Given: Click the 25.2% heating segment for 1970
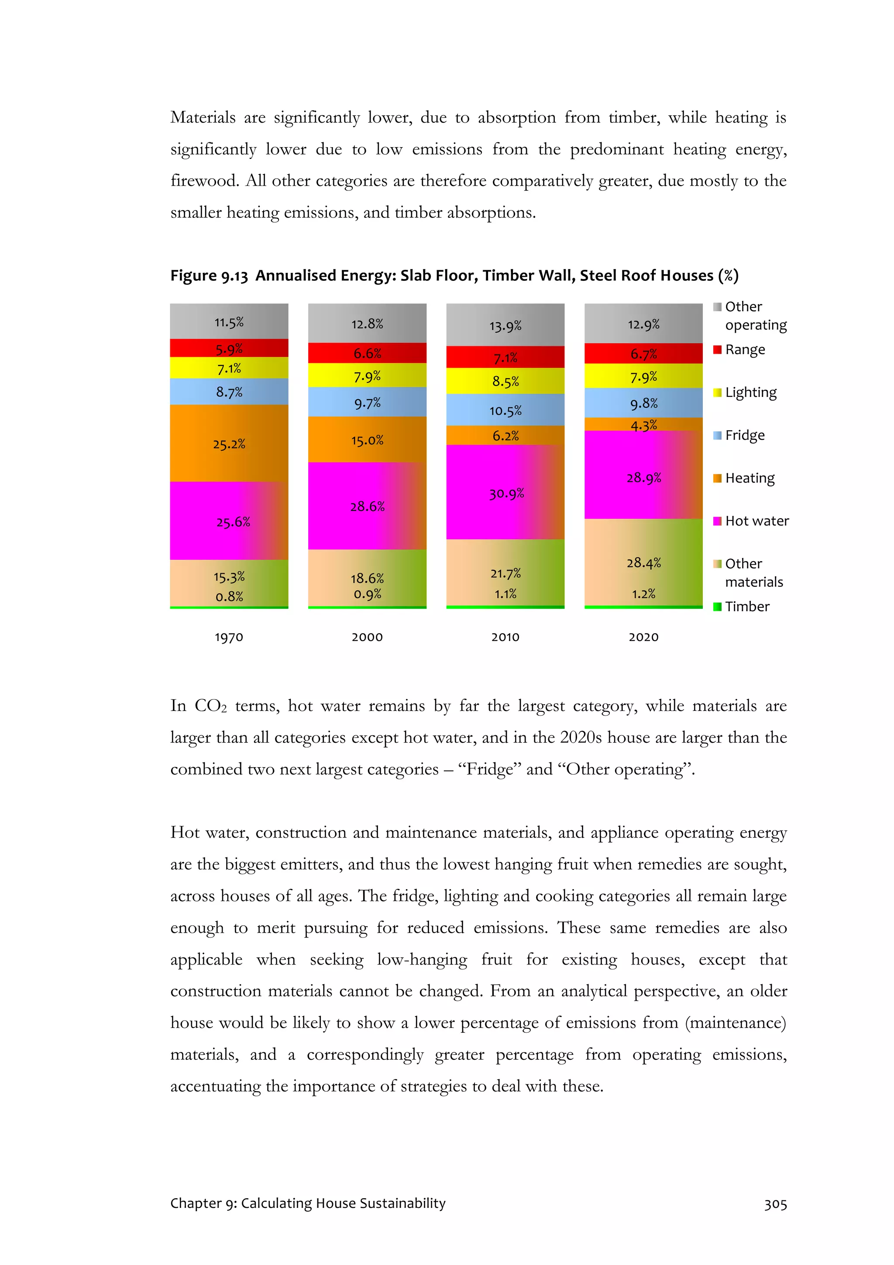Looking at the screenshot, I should tap(229, 444).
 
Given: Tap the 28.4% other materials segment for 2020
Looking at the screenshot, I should tap(643, 562).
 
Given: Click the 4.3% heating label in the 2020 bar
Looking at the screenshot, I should tap(643, 425).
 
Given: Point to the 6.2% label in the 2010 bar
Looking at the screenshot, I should tap(505, 435).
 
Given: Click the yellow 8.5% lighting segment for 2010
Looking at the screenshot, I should tap(505, 381).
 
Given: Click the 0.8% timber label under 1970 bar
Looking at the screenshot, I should tap(229, 596).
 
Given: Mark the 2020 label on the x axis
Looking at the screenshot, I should tap(643, 637).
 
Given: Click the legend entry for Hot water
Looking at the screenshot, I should tap(756, 520).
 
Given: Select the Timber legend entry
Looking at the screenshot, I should tap(746, 606).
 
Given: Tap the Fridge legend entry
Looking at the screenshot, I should tap(744, 435).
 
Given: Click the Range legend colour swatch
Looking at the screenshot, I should tap(717, 350).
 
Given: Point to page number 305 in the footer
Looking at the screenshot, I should tap(775, 1203).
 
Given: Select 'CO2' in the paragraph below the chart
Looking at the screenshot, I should tap(210, 706).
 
